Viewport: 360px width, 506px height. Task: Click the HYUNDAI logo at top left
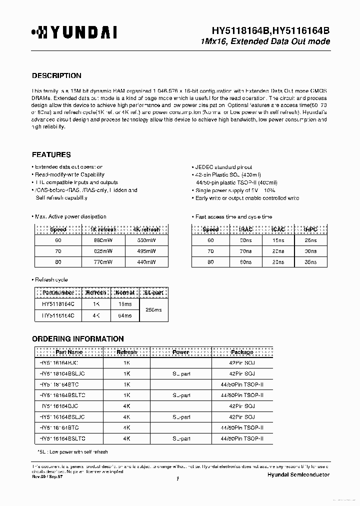tap(74, 33)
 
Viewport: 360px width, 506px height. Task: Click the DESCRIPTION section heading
tap(56, 76)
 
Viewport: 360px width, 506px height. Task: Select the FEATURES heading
tap(51, 154)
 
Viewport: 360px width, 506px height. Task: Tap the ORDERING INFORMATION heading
tap(78, 338)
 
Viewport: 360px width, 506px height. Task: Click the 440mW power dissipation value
tap(146, 261)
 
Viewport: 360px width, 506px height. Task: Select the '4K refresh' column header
tap(146, 229)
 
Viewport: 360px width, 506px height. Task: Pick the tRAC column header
tap(245, 229)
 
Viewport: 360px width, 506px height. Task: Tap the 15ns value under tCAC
tap(278, 240)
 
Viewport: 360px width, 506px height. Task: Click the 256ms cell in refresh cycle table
tap(153, 310)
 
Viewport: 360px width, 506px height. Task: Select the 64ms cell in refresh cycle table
tap(124, 315)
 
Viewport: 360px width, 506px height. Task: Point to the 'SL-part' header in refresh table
tap(153, 292)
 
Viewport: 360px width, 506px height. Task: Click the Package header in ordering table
tap(241, 352)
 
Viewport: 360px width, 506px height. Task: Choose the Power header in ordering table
tap(180, 352)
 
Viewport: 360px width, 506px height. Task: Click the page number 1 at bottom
tap(178, 479)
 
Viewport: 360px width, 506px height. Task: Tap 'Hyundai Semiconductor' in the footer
tap(298, 474)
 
